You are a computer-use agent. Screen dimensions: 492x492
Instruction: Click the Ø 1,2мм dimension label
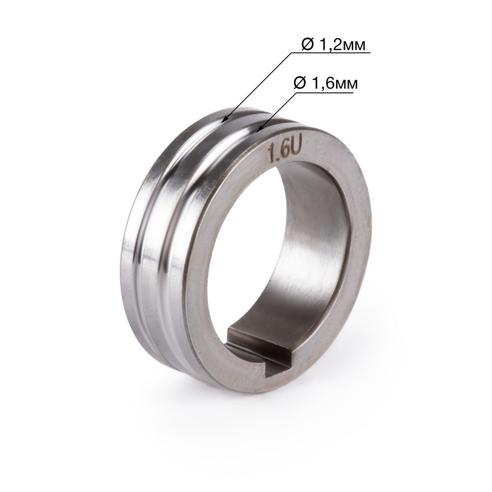tap(333, 45)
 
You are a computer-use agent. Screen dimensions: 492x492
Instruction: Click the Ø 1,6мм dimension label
tap(325, 84)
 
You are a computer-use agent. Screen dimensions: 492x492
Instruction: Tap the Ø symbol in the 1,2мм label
tap(307, 45)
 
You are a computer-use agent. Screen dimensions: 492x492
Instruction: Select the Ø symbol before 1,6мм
tap(300, 84)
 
